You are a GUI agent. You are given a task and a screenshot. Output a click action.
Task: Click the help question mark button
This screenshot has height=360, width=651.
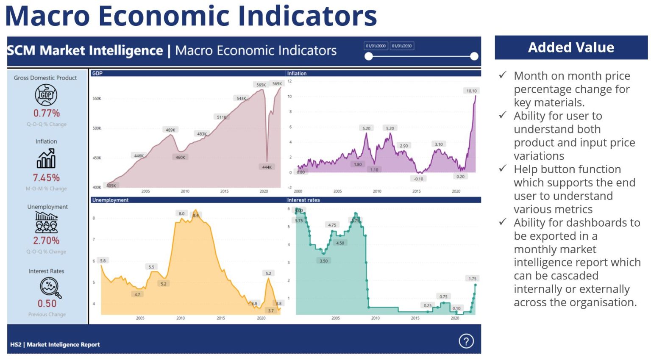click(466, 341)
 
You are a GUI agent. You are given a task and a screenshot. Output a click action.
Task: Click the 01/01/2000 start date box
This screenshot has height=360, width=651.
click(376, 46)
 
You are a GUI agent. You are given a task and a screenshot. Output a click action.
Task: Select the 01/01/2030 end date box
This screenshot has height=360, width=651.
click(401, 46)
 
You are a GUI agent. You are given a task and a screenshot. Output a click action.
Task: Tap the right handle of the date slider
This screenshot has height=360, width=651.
click(474, 56)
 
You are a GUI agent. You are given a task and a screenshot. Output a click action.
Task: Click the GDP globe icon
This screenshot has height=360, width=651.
click(46, 95)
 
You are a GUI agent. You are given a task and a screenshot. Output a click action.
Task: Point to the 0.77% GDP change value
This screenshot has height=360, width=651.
click(47, 113)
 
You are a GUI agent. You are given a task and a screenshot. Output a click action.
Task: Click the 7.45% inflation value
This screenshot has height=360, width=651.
click(47, 178)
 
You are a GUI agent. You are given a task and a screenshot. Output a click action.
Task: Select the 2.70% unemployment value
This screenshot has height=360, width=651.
click(47, 241)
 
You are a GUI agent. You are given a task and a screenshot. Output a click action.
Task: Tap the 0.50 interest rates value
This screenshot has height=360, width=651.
click(47, 304)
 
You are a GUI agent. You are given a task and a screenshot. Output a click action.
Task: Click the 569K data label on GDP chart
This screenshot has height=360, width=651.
click(277, 83)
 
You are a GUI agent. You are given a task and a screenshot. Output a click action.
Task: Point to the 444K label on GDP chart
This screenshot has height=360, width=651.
click(267, 167)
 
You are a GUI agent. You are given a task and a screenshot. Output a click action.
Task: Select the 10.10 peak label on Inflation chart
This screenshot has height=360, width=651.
click(471, 91)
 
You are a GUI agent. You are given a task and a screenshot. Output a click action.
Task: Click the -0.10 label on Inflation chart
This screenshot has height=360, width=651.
click(418, 179)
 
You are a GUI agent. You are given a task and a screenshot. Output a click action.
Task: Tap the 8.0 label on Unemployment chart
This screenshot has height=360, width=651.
click(181, 213)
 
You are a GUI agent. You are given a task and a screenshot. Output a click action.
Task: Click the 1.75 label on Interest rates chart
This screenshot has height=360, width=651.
click(473, 278)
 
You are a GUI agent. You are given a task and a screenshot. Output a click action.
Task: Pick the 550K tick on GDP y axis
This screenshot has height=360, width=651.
click(97, 99)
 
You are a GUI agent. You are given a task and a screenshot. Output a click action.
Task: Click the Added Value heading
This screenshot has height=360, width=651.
click(571, 47)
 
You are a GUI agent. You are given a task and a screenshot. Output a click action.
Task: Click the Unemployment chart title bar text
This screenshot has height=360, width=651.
click(110, 200)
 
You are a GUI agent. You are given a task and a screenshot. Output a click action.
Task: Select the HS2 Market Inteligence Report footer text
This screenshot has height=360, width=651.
click(55, 344)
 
